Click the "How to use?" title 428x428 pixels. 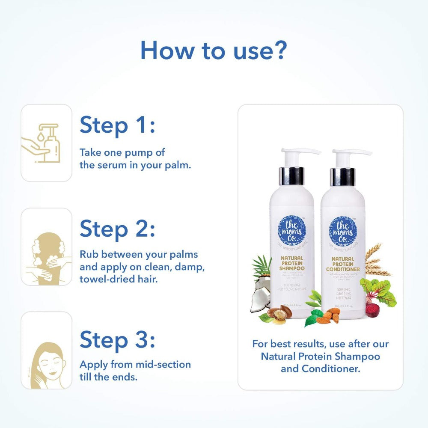pos(213,51)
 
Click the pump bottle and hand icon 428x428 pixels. pos(47,143)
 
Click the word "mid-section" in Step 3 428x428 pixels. pos(164,365)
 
